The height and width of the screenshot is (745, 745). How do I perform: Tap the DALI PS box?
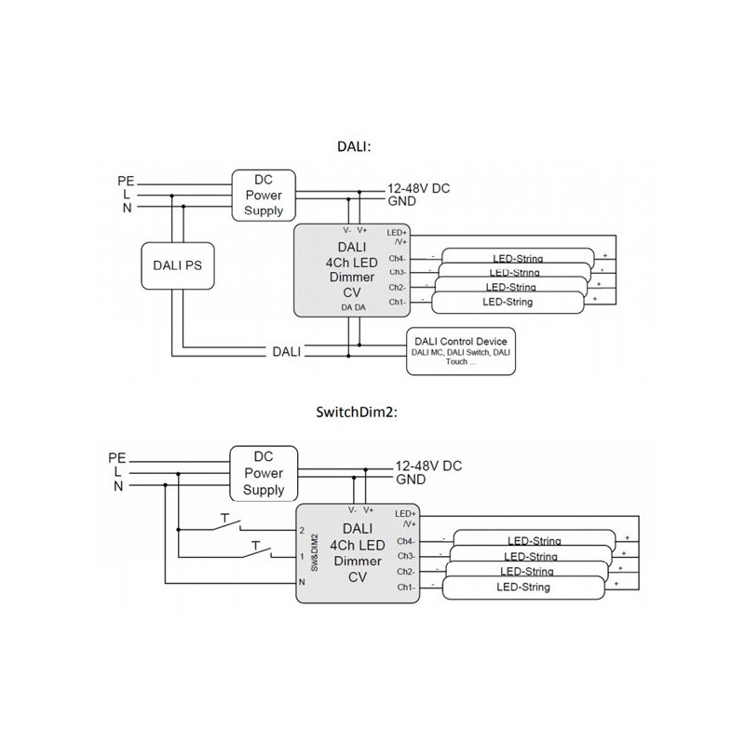(x=177, y=264)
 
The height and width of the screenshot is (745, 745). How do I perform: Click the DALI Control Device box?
(x=462, y=350)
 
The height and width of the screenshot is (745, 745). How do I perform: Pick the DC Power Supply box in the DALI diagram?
(x=264, y=195)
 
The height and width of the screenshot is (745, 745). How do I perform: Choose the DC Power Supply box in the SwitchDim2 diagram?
(x=264, y=474)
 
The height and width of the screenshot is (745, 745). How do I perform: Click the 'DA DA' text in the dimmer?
(x=352, y=307)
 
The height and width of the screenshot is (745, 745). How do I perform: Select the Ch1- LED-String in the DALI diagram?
(x=508, y=303)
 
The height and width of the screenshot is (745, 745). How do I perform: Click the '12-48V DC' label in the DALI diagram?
(x=418, y=188)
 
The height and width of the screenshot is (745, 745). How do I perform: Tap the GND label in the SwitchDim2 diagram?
(x=411, y=480)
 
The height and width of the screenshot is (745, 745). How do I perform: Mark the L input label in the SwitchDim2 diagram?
(x=117, y=472)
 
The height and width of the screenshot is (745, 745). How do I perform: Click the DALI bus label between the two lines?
(x=286, y=351)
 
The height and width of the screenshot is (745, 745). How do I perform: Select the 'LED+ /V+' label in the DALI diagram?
(x=397, y=237)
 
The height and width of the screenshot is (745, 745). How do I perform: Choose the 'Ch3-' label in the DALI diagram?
(x=397, y=273)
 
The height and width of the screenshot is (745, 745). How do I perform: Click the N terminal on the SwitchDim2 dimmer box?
(x=302, y=582)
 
